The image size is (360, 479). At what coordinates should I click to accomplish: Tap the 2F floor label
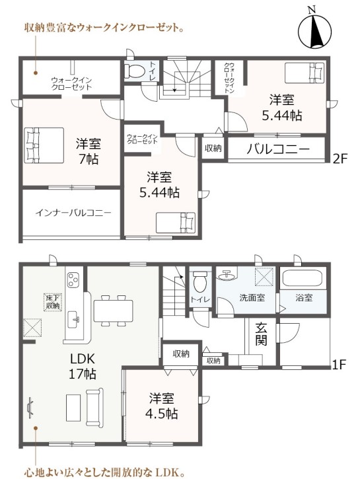pos(340,159)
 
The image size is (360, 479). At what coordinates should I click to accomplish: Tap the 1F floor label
pos(339,364)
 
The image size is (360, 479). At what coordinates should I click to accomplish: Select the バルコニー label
pos(278,149)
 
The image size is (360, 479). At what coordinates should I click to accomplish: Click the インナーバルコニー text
pos(73,213)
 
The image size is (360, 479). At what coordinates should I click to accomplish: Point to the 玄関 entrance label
pos(261,334)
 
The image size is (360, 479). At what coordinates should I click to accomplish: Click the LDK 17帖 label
pos(83,366)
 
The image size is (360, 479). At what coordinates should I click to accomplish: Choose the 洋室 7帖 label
pos(89,151)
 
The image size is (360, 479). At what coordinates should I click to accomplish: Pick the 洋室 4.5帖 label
pos(162,406)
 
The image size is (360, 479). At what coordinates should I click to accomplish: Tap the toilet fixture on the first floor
pos(201,281)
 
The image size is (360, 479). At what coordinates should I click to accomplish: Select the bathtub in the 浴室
pos(303,278)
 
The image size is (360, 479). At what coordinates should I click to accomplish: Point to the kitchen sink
pos(73,320)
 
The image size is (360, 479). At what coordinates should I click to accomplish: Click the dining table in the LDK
pos(113,311)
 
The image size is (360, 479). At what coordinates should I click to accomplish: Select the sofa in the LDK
pos(94,408)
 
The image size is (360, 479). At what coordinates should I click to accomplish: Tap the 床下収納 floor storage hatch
pos(53,302)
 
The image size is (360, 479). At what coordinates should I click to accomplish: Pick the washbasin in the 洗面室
pos(227,275)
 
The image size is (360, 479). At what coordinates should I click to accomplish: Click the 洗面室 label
pos(252,297)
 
